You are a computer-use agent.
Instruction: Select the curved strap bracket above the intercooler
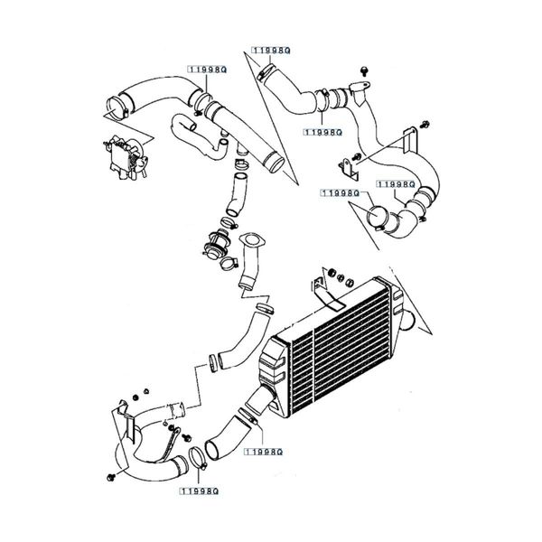[323, 289]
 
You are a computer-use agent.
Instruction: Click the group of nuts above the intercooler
[336, 273]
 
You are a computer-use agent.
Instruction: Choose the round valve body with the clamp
[218, 243]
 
